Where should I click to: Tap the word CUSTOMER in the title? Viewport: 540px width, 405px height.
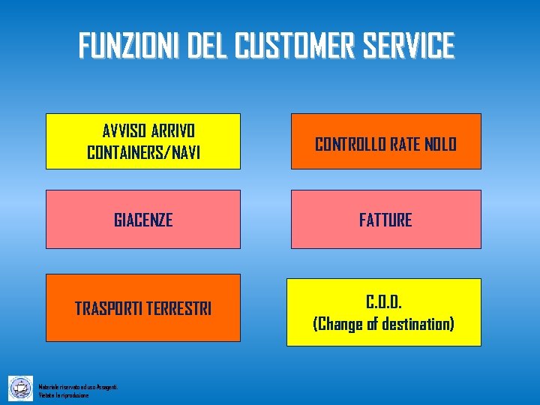click(293, 46)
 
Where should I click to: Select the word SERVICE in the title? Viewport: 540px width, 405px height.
click(408, 46)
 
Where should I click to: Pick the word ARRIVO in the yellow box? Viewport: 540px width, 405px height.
click(173, 130)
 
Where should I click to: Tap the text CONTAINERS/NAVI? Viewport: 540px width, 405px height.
click(144, 152)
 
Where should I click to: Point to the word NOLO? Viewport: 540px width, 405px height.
click(440, 144)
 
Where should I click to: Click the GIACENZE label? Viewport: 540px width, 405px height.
click(143, 220)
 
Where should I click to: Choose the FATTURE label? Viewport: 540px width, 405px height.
click(385, 220)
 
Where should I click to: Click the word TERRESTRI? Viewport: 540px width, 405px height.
click(180, 308)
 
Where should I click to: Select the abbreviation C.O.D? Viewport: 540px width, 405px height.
click(384, 302)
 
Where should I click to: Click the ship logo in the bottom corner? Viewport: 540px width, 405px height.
click(21, 388)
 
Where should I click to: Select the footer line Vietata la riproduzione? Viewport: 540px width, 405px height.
click(64, 394)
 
